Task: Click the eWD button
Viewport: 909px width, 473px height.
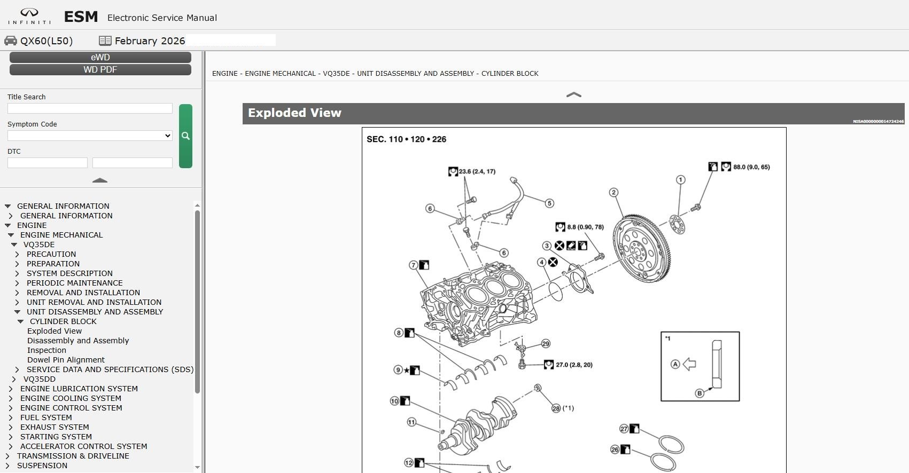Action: (100, 57)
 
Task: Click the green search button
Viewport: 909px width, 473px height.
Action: (185, 136)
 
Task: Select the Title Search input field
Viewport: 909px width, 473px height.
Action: (90, 108)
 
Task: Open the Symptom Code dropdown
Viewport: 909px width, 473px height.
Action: (90, 136)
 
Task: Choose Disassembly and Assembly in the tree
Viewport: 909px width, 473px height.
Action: (78, 341)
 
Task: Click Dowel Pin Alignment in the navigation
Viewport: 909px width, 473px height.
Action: (66, 359)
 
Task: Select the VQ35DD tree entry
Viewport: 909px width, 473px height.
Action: (40, 379)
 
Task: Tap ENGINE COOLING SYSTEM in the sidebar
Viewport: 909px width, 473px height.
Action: (71, 398)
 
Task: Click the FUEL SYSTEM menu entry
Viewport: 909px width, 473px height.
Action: (46, 417)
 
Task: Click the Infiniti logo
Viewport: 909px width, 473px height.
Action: (29, 16)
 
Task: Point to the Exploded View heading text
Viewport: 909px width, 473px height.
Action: (294, 113)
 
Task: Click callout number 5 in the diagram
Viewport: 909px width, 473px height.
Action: (549, 203)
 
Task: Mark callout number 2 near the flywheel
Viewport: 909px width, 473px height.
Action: (613, 192)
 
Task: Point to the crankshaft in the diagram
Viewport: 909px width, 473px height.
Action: (479, 425)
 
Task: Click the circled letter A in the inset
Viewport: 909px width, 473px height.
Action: (675, 364)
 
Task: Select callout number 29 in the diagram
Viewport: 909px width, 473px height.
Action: (546, 344)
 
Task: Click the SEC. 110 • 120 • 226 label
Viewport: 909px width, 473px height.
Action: (406, 139)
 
